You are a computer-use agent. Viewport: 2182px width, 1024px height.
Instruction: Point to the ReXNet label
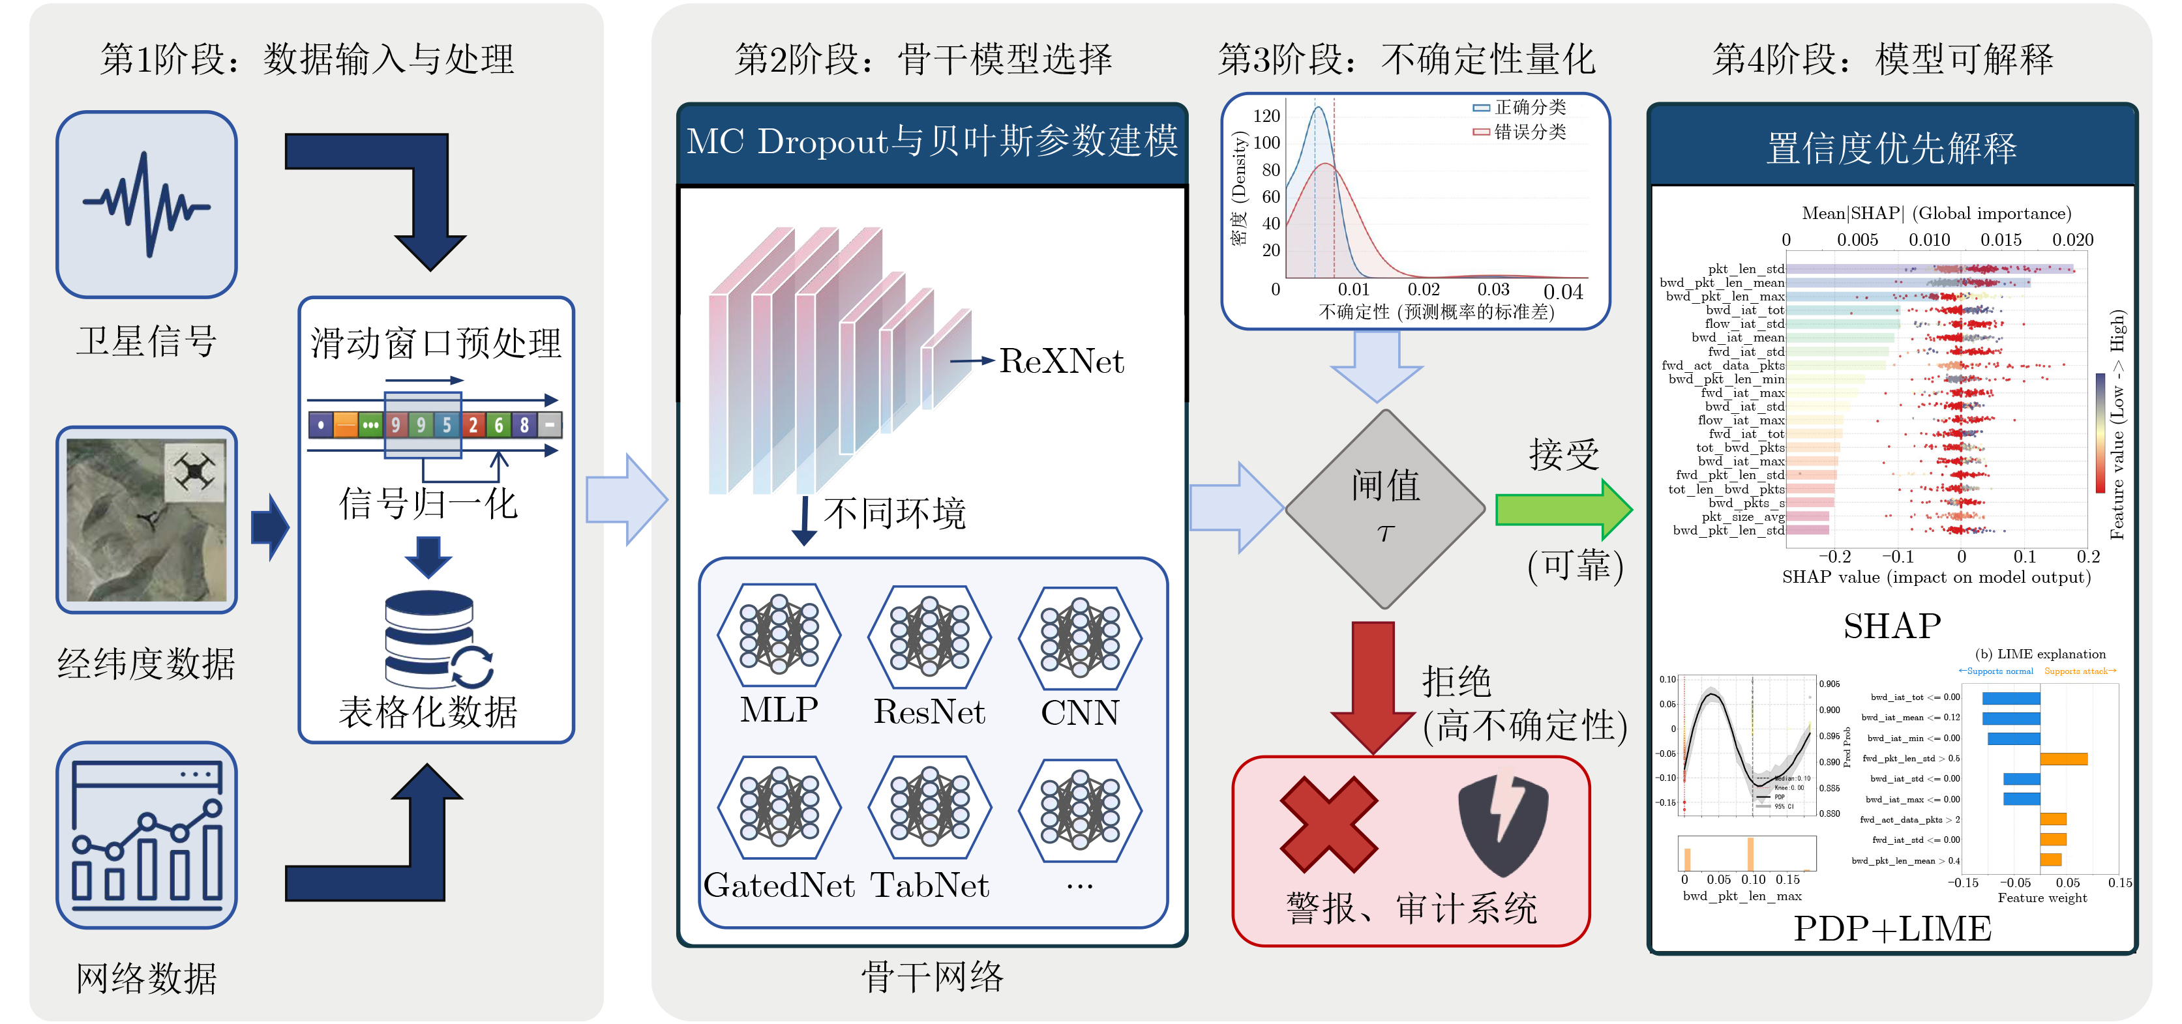(1062, 362)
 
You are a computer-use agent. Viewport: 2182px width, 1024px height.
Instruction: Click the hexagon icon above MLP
(779, 636)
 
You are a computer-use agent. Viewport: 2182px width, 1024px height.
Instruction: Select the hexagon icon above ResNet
(929, 636)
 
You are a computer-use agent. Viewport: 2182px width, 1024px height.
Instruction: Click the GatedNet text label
(779, 886)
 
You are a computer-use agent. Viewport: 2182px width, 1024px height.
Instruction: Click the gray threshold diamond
(1385, 509)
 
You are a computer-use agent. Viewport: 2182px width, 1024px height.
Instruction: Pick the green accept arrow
(1562, 509)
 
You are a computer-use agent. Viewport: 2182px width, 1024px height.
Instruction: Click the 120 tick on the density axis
(1266, 116)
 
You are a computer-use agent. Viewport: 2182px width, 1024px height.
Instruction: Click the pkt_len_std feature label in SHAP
(1746, 269)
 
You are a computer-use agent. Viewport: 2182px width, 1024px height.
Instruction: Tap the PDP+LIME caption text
(1891, 929)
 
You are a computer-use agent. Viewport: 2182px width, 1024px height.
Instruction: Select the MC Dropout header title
(932, 141)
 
